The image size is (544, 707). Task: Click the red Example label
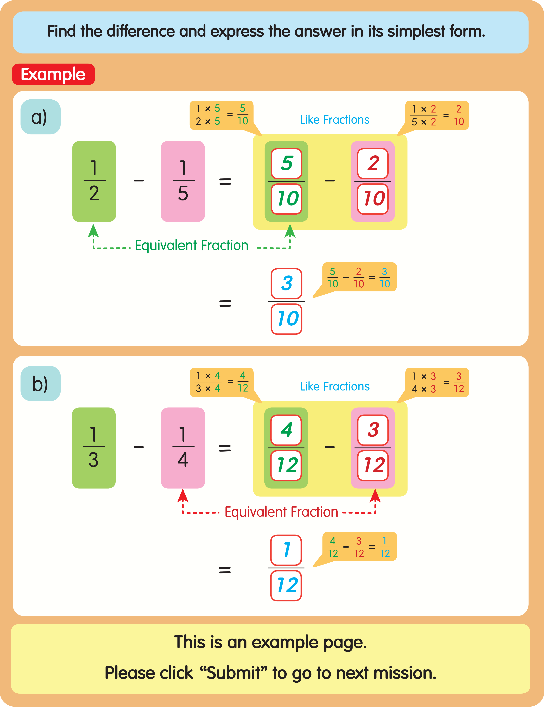coord(53,75)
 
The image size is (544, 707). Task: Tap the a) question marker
coord(41,117)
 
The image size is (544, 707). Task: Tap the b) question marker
coord(41,384)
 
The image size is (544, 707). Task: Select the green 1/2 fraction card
coord(94,181)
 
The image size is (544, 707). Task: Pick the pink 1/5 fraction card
coord(183,181)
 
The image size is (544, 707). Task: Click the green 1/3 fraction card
coord(93,448)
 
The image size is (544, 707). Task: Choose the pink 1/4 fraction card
coord(183,448)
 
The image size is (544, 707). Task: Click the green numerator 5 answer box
coord(286,163)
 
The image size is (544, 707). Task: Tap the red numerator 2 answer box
coord(373,163)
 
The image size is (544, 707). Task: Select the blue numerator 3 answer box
coord(286,284)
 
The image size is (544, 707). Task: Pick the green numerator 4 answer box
coord(286,430)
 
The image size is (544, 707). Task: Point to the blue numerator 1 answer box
coord(286,550)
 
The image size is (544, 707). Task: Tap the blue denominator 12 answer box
coord(286,586)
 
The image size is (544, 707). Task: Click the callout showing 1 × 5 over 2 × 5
coord(221,115)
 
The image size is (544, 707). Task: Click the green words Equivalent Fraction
coord(192,245)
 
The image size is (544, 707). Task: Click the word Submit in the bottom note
coord(234,673)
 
